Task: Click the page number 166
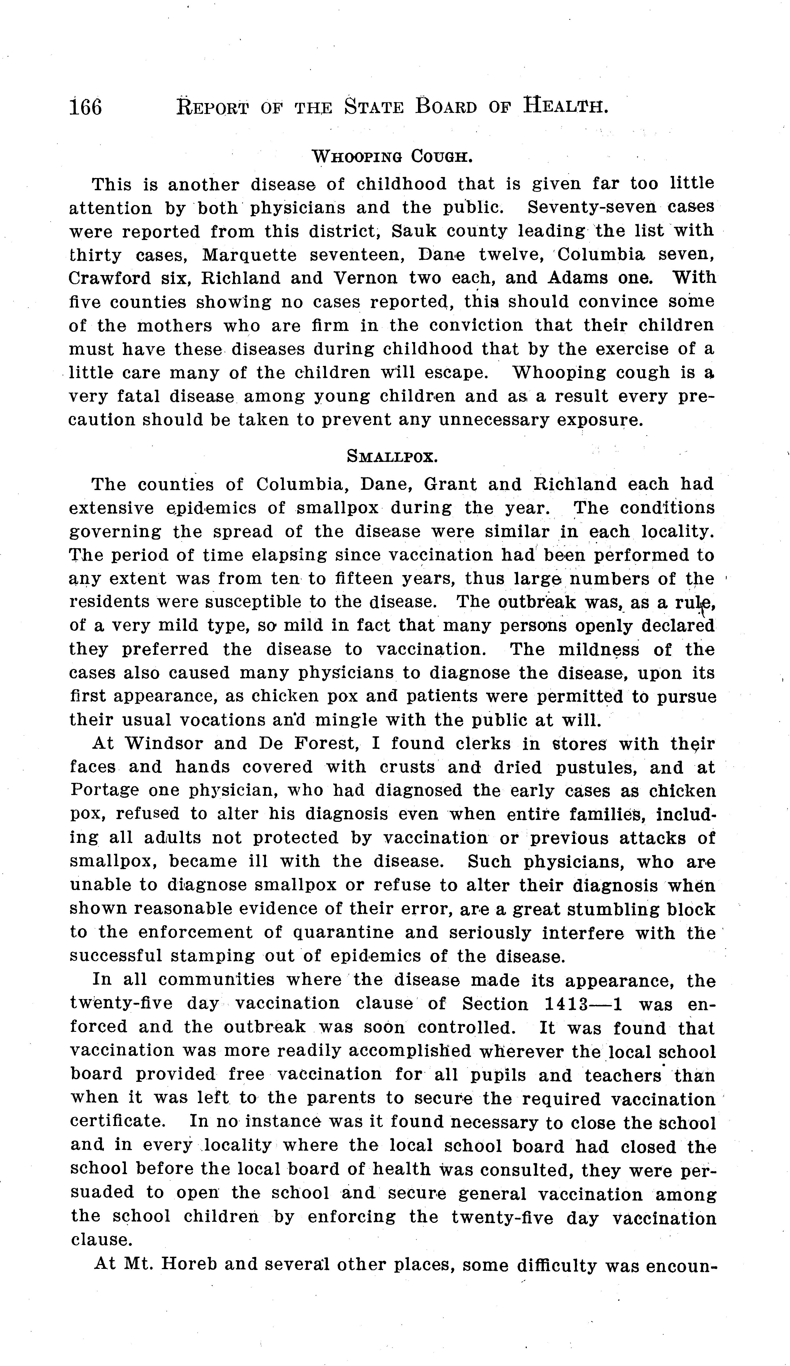pyautogui.click(x=85, y=107)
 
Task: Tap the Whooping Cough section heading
pyautogui.click(x=393, y=157)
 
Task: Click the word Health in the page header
pyautogui.click(x=565, y=105)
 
